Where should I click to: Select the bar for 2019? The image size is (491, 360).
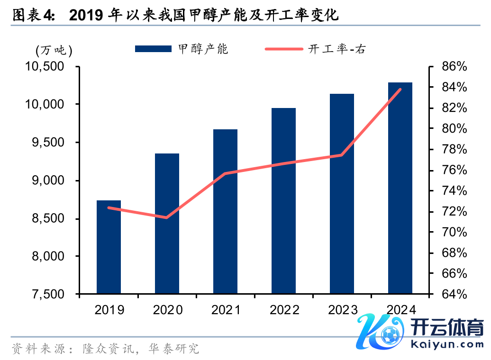(109, 247)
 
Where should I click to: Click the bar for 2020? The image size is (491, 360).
(167, 224)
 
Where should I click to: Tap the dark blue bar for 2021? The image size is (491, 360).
(225, 211)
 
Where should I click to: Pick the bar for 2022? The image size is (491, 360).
(283, 201)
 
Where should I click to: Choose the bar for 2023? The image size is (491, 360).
(342, 194)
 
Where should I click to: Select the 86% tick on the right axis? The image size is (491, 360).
(454, 67)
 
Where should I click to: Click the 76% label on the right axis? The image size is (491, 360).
(454, 170)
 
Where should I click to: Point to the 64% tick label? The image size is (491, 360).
(454, 294)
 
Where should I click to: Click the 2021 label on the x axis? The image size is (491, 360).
(226, 310)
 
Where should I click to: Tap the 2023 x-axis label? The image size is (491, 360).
(342, 310)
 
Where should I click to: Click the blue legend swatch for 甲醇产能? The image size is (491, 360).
(153, 49)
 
